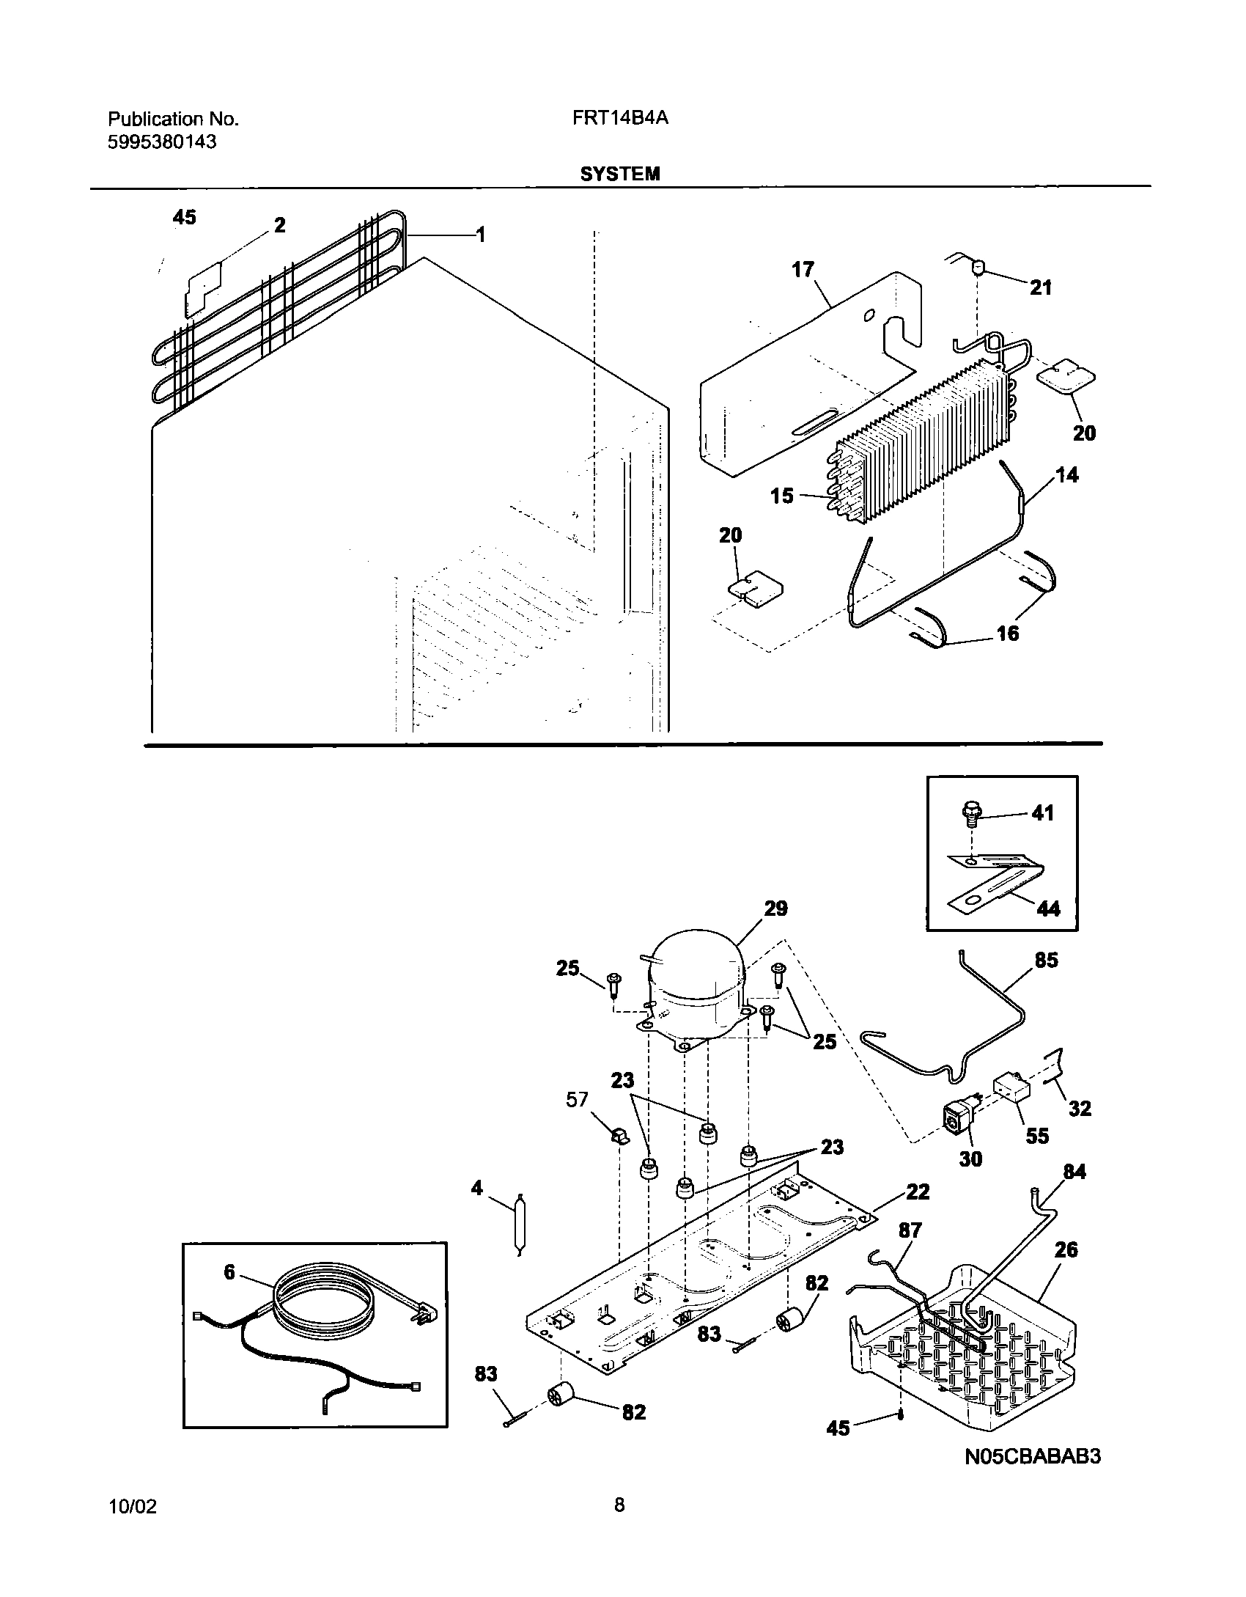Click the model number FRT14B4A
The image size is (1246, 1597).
point(620,119)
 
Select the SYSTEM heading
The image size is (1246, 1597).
point(620,174)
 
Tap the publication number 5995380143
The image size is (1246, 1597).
point(162,142)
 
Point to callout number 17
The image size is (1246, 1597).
point(803,270)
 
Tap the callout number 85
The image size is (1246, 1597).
point(1046,960)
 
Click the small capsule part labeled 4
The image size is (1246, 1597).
point(520,1222)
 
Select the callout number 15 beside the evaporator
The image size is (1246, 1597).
point(782,496)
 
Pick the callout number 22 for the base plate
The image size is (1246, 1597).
point(918,1192)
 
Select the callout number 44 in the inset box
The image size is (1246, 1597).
point(1049,908)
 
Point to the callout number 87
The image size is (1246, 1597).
point(910,1230)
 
